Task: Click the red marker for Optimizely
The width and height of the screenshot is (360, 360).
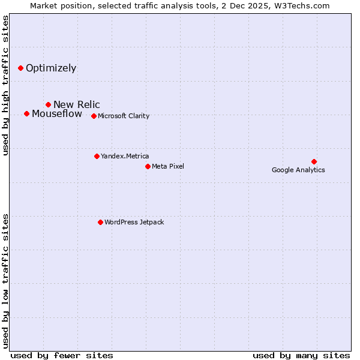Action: (20, 68)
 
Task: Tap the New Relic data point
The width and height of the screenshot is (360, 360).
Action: (48, 105)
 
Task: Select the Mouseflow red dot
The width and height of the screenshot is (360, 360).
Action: (26, 113)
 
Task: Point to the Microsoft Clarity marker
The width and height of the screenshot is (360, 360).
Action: (94, 116)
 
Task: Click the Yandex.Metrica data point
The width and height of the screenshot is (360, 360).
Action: (97, 156)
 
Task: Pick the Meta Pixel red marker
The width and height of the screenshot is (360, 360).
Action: (148, 166)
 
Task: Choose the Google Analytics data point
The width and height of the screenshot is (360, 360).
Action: (314, 161)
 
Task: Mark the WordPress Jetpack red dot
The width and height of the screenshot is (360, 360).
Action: (100, 222)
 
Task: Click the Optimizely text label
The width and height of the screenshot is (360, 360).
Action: (51, 68)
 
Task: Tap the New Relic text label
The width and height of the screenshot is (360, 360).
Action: (77, 105)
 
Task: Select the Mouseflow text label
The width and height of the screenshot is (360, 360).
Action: (57, 114)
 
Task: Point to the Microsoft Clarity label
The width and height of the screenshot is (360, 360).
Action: (124, 116)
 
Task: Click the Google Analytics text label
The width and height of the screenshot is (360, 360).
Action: (298, 170)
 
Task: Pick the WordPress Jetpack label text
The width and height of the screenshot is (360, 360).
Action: (134, 222)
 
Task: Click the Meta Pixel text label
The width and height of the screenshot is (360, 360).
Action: (168, 166)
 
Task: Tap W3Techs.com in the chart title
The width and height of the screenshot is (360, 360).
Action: (303, 6)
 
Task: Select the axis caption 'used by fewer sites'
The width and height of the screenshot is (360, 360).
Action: (62, 355)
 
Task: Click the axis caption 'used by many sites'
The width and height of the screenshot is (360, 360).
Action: (301, 355)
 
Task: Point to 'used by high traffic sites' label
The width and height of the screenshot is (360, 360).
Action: (6, 86)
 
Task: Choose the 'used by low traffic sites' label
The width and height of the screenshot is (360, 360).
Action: (6, 280)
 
